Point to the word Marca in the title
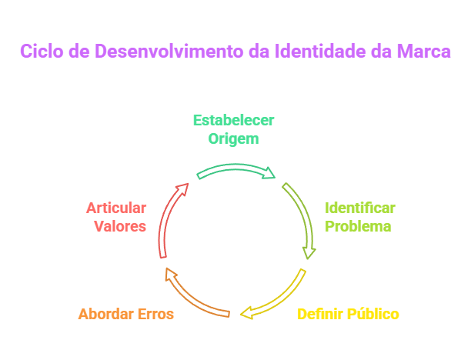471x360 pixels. pyautogui.click(x=423, y=52)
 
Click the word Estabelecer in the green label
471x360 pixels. pyautogui.click(x=233, y=121)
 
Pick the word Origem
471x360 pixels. pyautogui.click(x=233, y=139)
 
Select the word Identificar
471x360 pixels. pyautogui.click(x=359, y=208)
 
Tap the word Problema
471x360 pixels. pyautogui.click(x=358, y=226)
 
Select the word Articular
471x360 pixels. pyautogui.click(x=116, y=208)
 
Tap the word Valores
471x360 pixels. pyautogui.click(x=120, y=226)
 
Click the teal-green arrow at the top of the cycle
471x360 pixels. pyautogui.click(x=235, y=170)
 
